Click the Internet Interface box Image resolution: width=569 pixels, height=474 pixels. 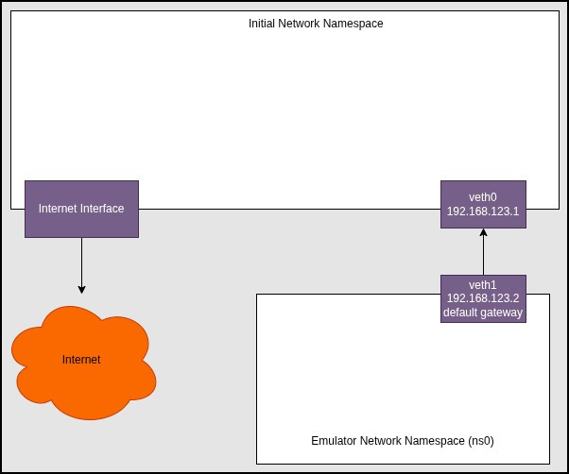tap(81, 209)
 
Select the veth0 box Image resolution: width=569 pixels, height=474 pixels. tap(483, 204)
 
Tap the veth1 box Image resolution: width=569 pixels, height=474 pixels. tap(483, 298)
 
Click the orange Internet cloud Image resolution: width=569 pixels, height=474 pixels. tap(82, 361)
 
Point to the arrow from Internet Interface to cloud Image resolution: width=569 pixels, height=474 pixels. tap(81, 264)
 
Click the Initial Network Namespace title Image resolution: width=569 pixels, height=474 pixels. tap(316, 23)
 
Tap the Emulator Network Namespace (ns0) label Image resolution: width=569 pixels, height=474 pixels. tap(403, 441)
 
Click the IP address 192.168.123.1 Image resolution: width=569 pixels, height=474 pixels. tap(483, 212)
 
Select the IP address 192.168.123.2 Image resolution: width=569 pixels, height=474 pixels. tap(483, 298)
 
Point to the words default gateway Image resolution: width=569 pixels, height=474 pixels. tap(483, 313)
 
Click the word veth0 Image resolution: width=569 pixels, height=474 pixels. tap(483, 196)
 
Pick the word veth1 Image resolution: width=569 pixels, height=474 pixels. tap(483, 284)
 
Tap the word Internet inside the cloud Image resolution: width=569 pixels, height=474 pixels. tap(81, 360)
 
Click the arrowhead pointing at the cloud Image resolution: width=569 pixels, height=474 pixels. tap(81, 288)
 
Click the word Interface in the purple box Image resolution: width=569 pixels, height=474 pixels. tap(102, 209)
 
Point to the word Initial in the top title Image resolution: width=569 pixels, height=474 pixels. tap(262, 23)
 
